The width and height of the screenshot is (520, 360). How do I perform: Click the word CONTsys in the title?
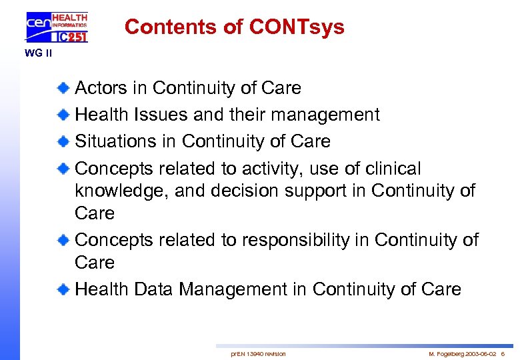coord(297,27)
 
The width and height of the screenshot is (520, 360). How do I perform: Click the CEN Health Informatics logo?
coord(57,27)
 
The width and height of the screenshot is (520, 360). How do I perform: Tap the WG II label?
coord(39,53)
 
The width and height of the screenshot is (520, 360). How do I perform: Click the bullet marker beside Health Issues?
coord(63,115)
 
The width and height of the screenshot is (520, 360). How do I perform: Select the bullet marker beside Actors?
coord(63,88)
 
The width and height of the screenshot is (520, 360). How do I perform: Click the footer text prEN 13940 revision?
coord(258,353)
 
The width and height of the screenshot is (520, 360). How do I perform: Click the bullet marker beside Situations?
coord(63,141)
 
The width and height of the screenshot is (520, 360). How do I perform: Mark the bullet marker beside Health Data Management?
coord(63,289)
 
